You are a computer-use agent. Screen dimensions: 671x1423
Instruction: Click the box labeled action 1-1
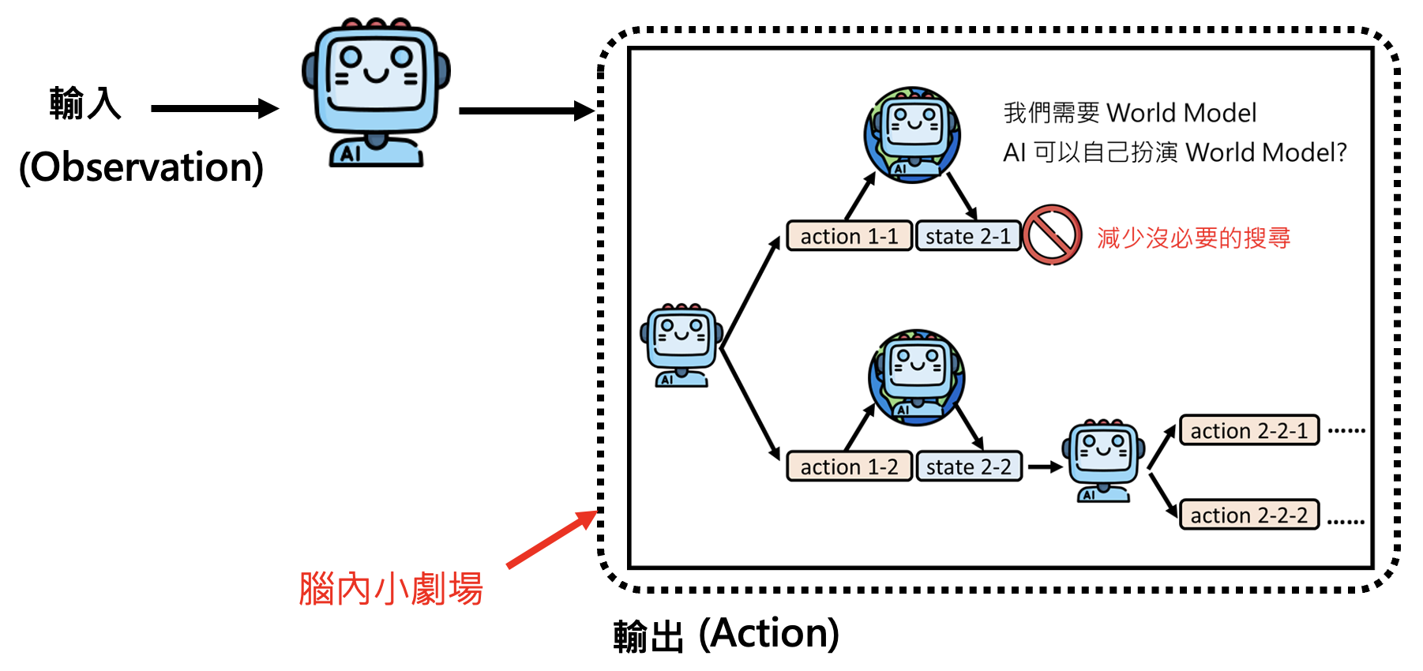coord(849,236)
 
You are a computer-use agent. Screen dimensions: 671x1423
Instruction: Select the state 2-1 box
coord(968,236)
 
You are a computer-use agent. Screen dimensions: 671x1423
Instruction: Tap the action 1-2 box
coord(849,467)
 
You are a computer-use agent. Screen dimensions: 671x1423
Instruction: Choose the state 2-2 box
coord(969,467)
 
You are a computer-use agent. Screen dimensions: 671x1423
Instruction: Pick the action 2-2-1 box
coord(1249,430)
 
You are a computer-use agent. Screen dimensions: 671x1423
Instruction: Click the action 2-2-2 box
coord(1249,515)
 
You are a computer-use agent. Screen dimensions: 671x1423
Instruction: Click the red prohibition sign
coord(1052,235)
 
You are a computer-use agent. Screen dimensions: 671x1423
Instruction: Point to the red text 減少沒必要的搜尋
coord(1193,238)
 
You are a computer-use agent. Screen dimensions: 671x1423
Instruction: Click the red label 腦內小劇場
coord(391,589)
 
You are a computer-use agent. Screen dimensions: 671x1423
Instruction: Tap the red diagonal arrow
coord(552,539)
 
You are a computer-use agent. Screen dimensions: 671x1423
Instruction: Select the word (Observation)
coord(141,167)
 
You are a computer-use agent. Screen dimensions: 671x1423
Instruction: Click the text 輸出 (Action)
coord(726,635)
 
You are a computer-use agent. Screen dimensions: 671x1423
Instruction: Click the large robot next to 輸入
coord(376,92)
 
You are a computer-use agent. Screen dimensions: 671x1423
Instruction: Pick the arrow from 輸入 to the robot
coord(214,109)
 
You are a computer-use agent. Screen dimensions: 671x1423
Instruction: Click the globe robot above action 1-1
coord(912,135)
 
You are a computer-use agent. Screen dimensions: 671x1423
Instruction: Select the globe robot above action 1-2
coord(916,377)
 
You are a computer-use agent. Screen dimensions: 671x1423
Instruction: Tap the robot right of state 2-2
coord(1103,460)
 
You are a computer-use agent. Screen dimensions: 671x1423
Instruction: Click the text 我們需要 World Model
coord(1129,113)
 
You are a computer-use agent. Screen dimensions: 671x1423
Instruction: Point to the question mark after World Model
coord(1339,152)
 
